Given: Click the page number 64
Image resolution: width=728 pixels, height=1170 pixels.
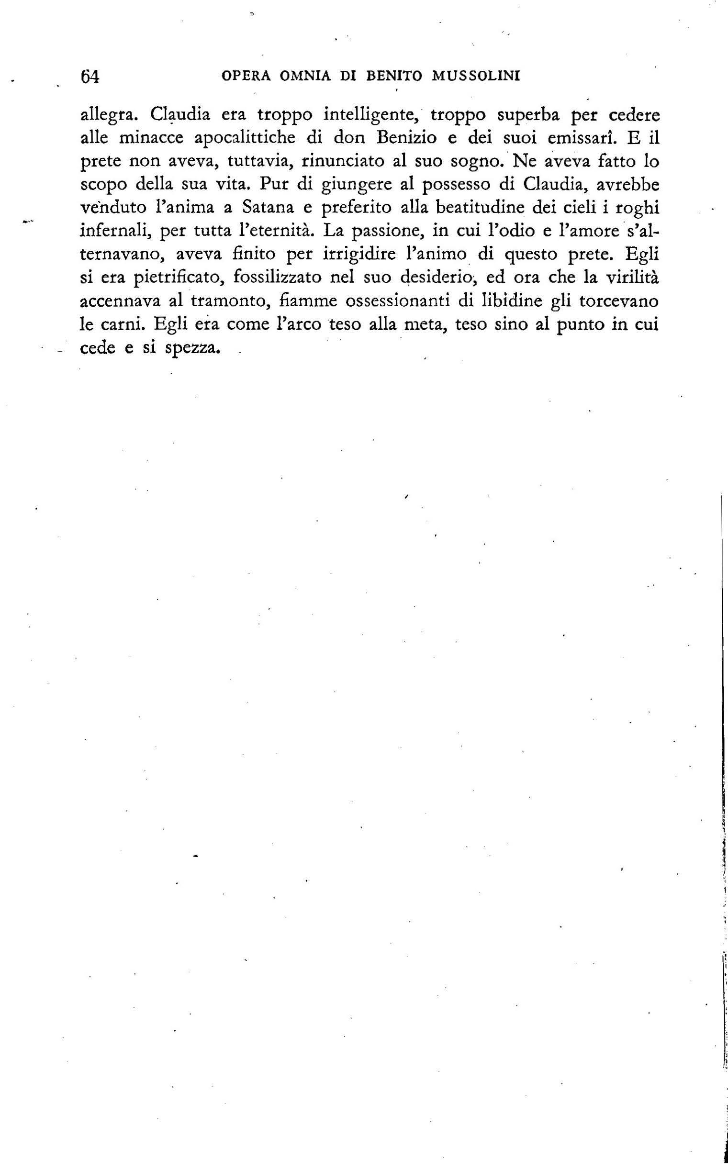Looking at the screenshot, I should point(90,77).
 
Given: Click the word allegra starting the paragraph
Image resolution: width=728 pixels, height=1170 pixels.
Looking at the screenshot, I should point(109,116).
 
